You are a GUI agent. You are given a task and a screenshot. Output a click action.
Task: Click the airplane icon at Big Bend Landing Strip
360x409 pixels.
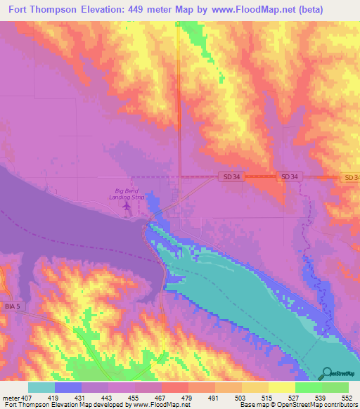pyautogui.click(x=127, y=206)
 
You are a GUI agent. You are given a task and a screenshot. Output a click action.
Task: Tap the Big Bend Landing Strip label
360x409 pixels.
pyautogui.click(x=129, y=193)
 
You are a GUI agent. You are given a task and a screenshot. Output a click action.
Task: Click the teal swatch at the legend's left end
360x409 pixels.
pyautogui.click(x=41, y=387)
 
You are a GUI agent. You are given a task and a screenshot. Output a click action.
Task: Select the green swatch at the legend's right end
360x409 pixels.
pyautogui.click(x=335, y=387)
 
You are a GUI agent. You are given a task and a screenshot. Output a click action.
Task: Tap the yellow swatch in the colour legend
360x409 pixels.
pyautogui.click(x=282, y=387)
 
